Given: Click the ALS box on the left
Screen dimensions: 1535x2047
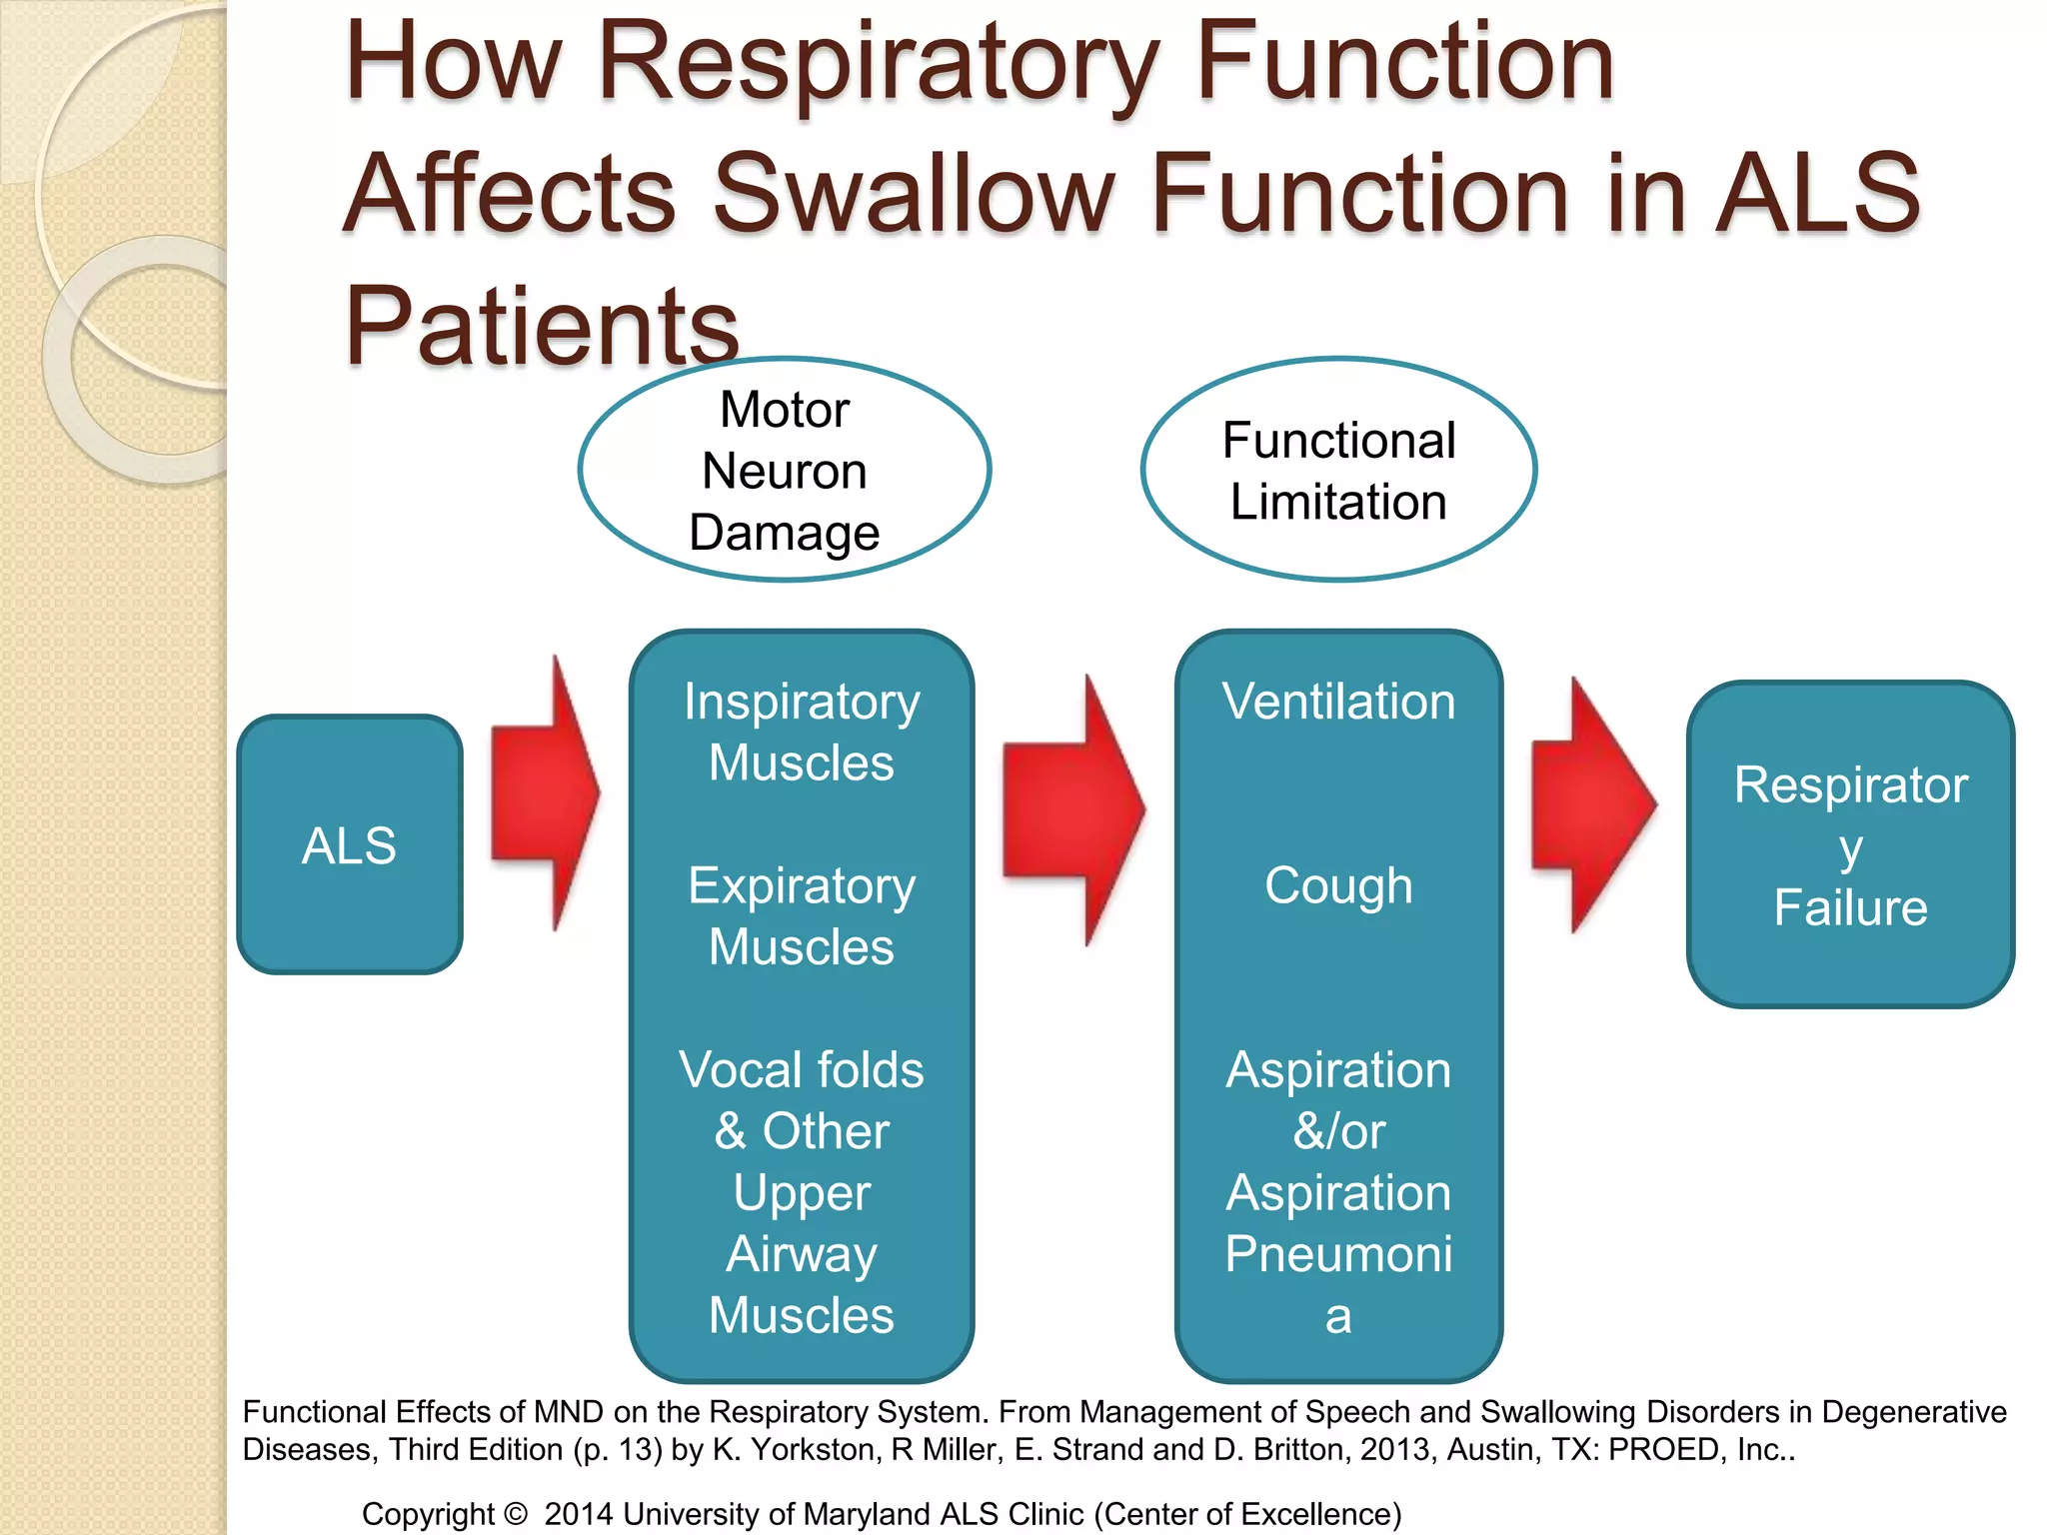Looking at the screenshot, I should (x=349, y=844).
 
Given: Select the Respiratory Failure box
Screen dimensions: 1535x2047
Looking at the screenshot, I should (x=1850, y=844).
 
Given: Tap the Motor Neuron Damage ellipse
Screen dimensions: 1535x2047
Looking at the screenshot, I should (x=785, y=470).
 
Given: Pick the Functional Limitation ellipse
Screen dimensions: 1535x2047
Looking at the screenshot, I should (x=1338, y=470).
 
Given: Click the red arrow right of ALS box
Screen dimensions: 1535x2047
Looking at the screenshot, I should (x=545, y=794).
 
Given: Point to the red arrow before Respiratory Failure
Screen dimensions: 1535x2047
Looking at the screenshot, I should (x=1593, y=804).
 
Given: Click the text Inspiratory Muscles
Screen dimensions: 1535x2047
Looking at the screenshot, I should (x=802, y=732).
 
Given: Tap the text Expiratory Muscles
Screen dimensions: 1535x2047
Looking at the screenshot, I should (x=802, y=915).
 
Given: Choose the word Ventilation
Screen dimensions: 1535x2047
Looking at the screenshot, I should (x=1338, y=701).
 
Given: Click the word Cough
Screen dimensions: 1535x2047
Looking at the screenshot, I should (x=1338, y=885).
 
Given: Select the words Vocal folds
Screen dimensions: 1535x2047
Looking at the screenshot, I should (x=802, y=1069).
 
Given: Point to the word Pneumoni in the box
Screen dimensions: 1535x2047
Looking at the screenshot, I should (x=1338, y=1253).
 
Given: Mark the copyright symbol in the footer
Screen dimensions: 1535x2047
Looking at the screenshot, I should (x=516, y=1514).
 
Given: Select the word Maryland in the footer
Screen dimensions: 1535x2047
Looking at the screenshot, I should (x=867, y=1514).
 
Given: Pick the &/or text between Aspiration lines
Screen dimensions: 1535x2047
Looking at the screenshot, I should (x=1338, y=1131).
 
